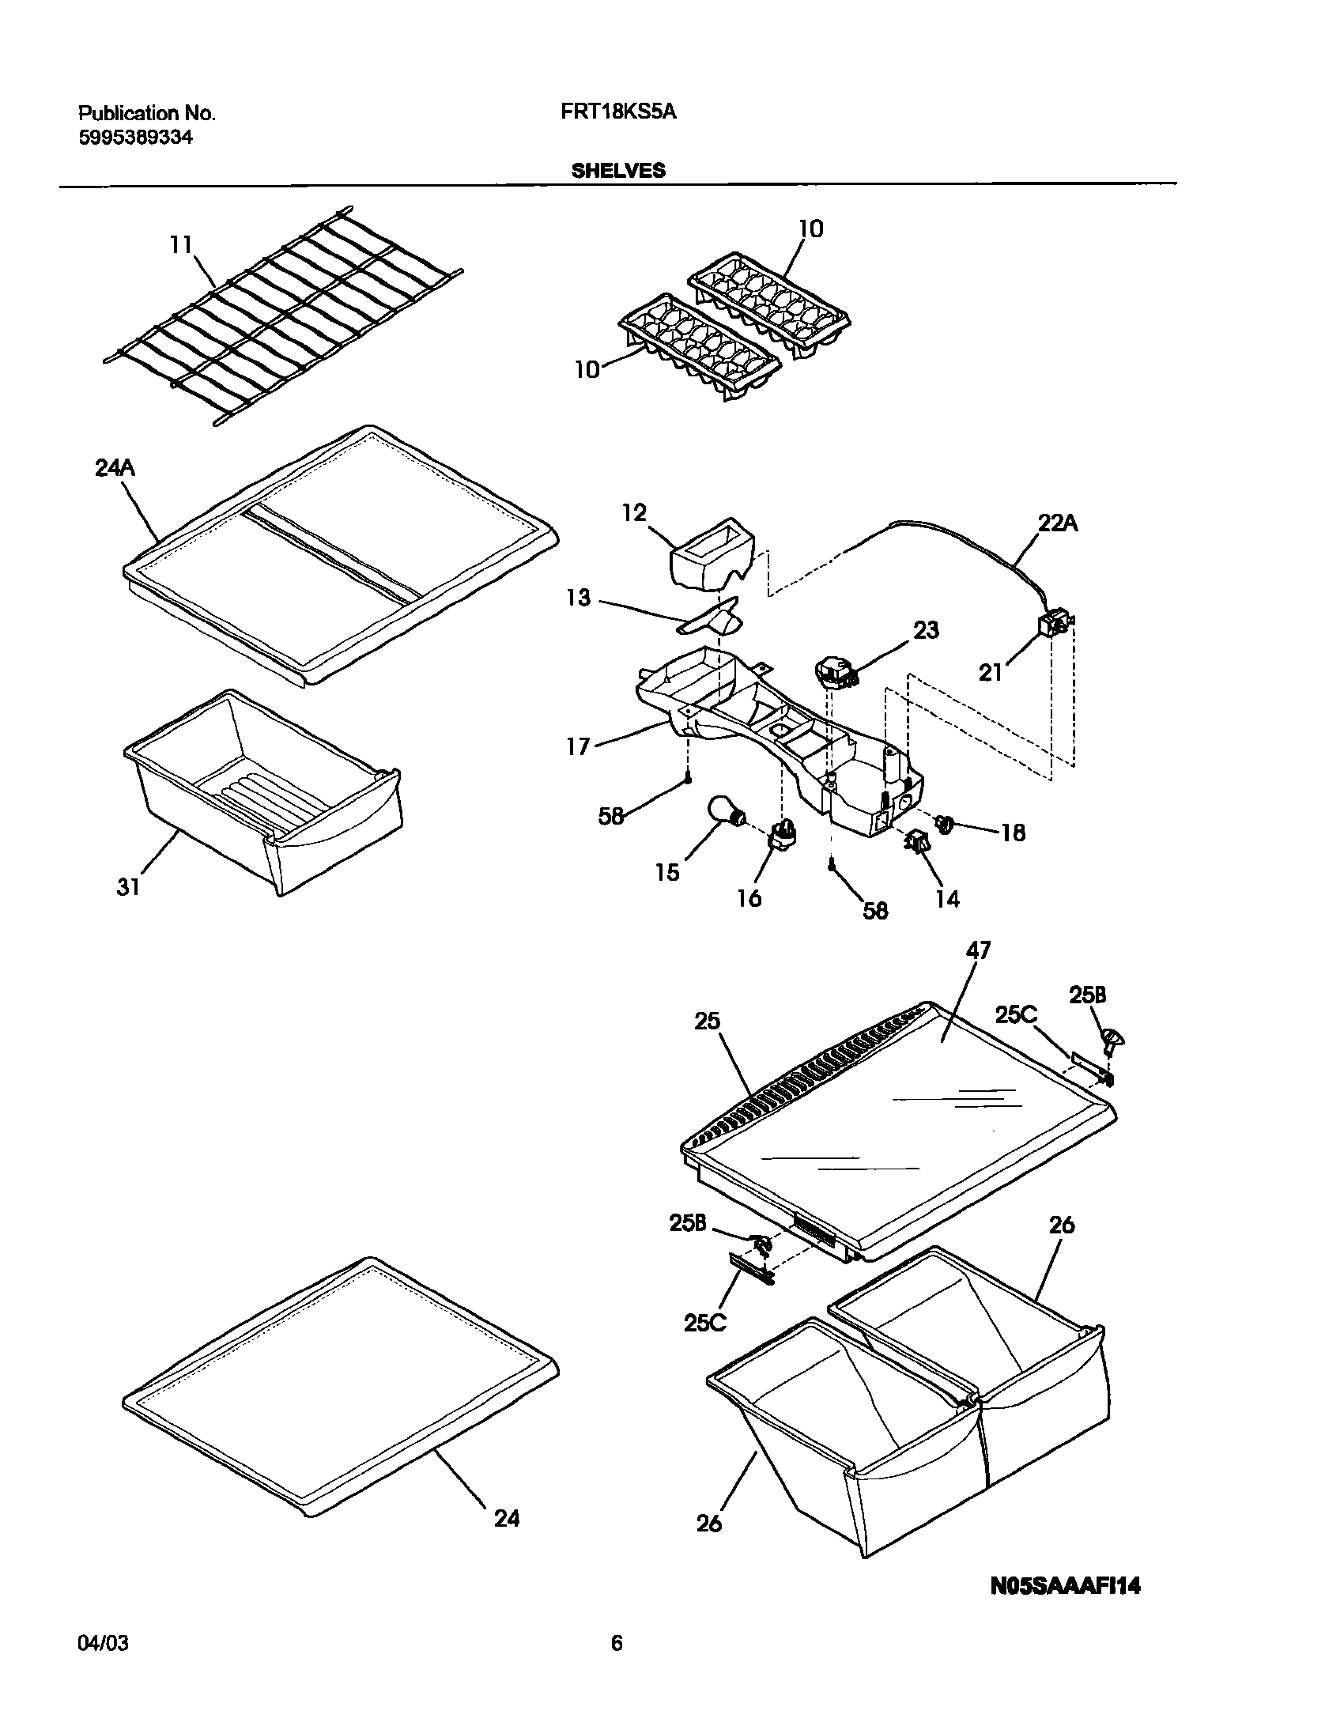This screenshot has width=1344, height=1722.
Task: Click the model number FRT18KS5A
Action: point(618,112)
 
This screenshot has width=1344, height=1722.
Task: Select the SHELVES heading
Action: point(618,171)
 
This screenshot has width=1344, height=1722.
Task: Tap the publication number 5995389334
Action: point(135,138)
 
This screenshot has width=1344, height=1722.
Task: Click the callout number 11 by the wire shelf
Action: point(181,245)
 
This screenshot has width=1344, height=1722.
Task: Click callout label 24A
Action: point(115,469)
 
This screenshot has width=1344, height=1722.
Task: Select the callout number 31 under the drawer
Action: point(128,887)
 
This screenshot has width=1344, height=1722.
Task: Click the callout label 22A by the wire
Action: point(1057,523)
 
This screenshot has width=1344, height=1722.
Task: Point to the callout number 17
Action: point(578,746)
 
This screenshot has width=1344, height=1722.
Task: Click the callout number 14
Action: point(946,899)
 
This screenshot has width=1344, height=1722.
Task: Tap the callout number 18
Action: point(1013,833)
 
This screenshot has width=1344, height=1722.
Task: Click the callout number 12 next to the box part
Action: point(634,513)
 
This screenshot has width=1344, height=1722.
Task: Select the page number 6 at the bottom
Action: point(617,1645)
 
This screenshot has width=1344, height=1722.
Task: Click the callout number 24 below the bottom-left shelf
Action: point(507,1519)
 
